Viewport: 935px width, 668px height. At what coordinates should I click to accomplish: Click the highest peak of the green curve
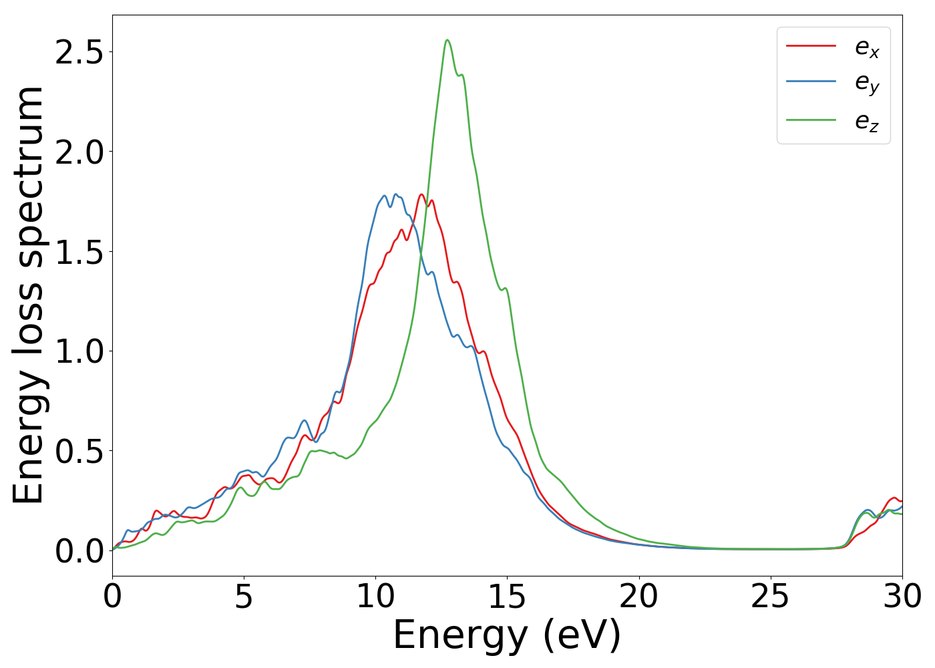[447, 40]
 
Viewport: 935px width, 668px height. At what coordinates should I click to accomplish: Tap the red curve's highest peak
[421, 194]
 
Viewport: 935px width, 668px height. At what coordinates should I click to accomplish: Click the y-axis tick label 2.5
[79, 53]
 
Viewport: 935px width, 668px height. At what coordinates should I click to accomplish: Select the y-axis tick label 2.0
[79, 152]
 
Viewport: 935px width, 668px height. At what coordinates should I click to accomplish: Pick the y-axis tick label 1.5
[79, 252]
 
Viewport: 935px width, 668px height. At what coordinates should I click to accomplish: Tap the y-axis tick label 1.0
[79, 351]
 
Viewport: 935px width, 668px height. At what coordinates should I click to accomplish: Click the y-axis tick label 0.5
[79, 451]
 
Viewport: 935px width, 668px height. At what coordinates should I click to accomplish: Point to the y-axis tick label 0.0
[79, 551]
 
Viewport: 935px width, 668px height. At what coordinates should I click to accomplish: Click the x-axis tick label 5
[244, 597]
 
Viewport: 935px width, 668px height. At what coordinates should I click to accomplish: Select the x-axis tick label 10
[375, 597]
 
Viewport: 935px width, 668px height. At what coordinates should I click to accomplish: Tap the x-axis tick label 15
[507, 597]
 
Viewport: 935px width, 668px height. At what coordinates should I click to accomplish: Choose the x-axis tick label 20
[639, 597]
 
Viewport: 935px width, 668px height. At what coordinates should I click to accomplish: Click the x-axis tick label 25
[771, 597]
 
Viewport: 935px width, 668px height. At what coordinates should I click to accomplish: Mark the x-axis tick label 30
[902, 597]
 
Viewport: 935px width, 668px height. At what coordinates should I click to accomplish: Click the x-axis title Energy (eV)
[507, 635]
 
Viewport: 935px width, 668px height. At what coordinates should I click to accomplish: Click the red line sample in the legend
[811, 46]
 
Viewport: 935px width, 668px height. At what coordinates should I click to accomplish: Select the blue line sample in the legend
[811, 81]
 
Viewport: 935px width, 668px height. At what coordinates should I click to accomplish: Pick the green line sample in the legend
[811, 120]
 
